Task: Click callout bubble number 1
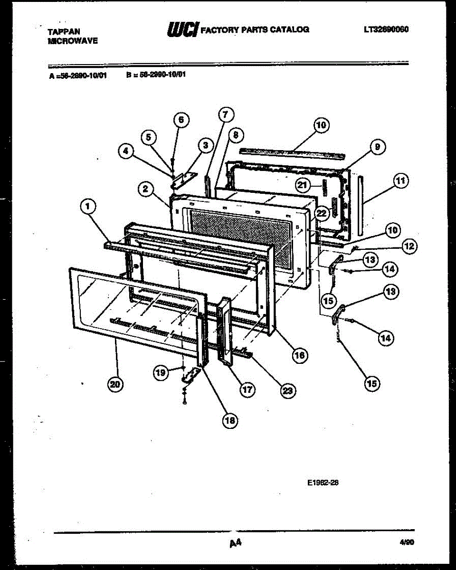(88, 206)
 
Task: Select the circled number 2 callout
(146, 189)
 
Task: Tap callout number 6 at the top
(180, 120)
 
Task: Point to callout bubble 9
(376, 147)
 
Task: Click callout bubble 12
(409, 246)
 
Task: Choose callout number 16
(299, 355)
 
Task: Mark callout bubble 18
(230, 420)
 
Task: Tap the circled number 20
(115, 384)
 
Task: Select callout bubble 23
(287, 390)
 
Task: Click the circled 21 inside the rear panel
(303, 185)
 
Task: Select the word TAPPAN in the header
(64, 31)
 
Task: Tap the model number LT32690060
(386, 29)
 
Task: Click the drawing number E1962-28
(323, 483)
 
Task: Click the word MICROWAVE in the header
(73, 41)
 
